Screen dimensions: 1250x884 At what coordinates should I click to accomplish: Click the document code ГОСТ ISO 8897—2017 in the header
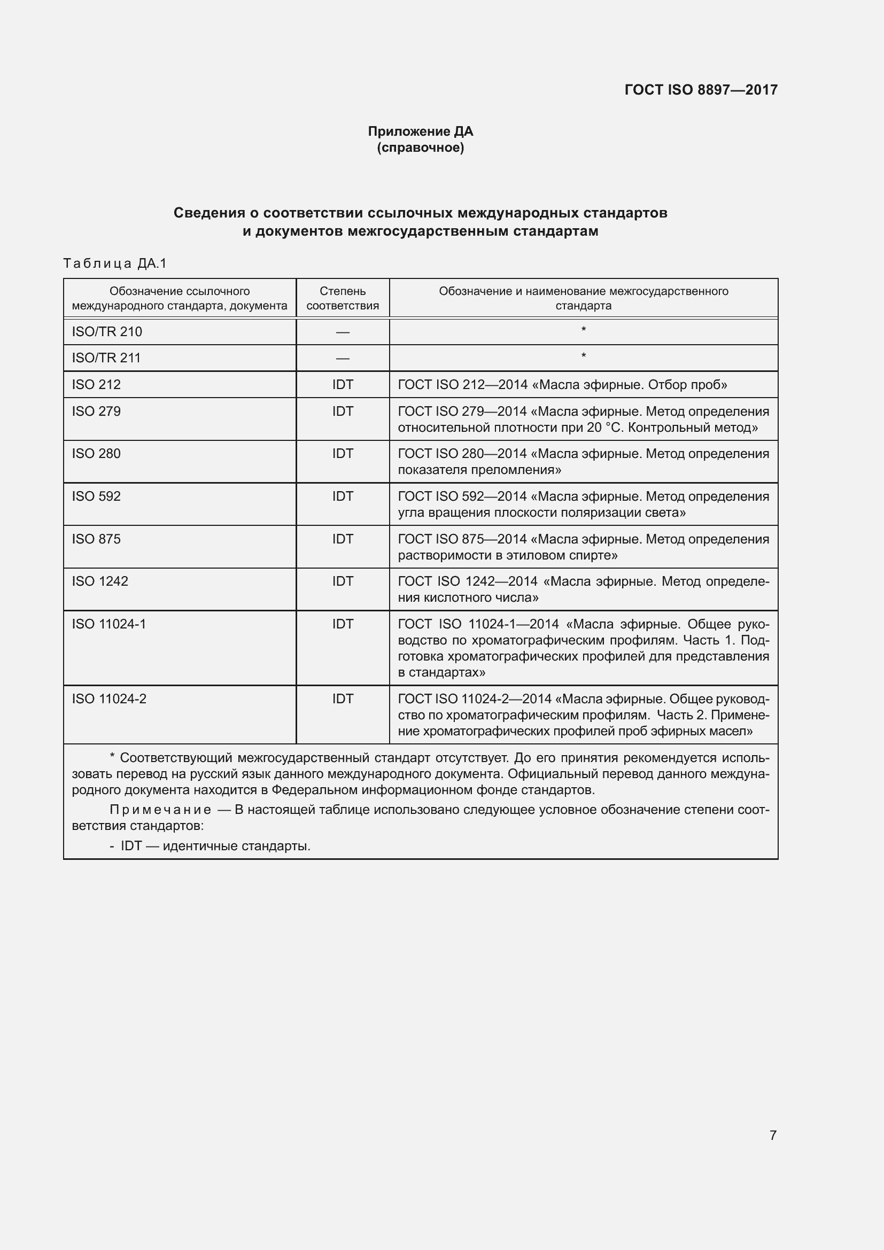point(701,90)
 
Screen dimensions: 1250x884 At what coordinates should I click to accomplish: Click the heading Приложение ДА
point(420,131)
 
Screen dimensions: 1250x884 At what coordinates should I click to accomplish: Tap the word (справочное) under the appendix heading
point(420,147)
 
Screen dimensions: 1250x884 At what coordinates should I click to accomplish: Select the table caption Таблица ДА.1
point(115,263)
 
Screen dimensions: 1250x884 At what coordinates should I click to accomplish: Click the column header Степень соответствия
point(343,298)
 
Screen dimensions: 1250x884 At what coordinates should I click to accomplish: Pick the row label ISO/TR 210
point(107,331)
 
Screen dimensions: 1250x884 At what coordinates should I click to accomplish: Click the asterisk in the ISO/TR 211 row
point(584,356)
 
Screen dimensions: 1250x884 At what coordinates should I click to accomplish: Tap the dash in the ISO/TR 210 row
point(343,331)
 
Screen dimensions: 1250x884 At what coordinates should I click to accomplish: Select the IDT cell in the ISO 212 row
point(343,384)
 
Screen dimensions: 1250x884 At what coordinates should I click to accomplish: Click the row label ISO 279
point(96,411)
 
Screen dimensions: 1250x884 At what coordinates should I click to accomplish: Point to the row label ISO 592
point(96,496)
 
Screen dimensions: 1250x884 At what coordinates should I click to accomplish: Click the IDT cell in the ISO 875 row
point(343,539)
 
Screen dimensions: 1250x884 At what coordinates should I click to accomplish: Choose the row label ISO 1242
point(100,581)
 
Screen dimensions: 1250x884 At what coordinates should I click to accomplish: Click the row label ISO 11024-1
point(109,623)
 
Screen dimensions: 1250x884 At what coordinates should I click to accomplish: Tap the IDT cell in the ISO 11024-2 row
point(343,698)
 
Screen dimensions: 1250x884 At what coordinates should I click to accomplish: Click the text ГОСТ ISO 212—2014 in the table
point(463,384)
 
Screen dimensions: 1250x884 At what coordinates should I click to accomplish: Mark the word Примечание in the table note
point(160,810)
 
